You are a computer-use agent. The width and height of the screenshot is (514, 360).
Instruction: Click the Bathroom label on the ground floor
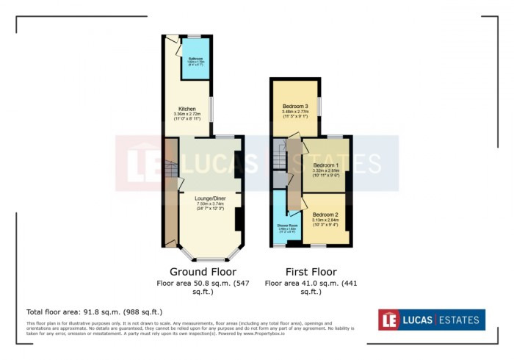coord(195,58)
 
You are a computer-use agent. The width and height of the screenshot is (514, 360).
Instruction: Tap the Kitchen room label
coord(187,109)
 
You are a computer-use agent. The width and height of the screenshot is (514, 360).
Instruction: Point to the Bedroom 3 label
coord(295,106)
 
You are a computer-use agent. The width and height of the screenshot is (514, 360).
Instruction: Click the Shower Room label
coord(287,225)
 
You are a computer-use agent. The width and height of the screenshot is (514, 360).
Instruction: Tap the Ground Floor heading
coord(203,271)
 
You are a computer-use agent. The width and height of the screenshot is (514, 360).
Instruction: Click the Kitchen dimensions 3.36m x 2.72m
coord(187,115)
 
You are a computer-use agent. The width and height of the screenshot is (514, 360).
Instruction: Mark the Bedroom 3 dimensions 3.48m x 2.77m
coord(295,112)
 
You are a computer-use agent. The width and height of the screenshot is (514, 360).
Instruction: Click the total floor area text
coord(95,312)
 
